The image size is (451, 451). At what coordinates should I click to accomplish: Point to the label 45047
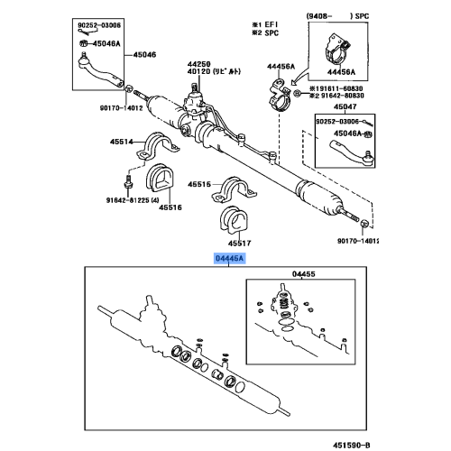346,106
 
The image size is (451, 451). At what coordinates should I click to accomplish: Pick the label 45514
122,141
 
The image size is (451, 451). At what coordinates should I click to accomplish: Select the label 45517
239,243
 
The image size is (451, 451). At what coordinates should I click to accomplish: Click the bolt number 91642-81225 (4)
133,200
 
